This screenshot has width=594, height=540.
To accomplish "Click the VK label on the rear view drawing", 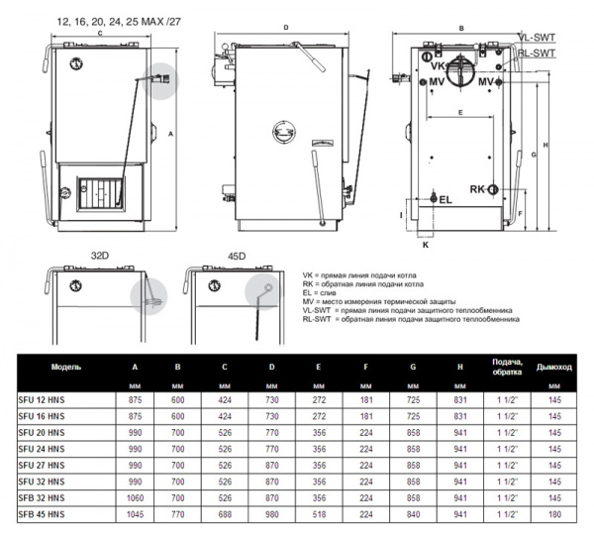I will point(436,68).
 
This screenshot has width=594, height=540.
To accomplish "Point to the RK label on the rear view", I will point(477,188).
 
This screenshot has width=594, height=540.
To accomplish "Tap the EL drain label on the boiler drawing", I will point(445,199).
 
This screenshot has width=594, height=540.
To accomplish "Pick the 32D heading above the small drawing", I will point(99,255).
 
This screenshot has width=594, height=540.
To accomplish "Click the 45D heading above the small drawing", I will point(235,255).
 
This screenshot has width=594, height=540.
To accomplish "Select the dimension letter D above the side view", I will point(285,28).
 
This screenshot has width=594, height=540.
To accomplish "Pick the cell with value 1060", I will point(135,497).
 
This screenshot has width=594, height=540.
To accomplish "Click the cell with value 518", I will point(318,514).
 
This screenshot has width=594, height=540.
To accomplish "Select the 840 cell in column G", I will point(412,514).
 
